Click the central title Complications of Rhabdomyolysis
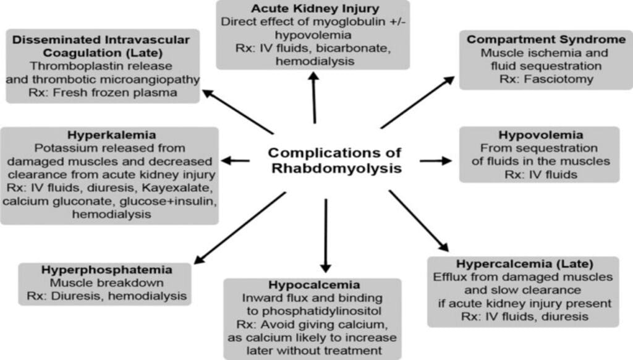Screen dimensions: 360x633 334,160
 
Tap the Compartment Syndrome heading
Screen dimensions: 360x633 546,40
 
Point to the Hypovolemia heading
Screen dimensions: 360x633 539,135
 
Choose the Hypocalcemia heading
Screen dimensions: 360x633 313,285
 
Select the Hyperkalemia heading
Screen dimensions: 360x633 110,135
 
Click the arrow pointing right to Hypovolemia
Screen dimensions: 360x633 436,161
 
